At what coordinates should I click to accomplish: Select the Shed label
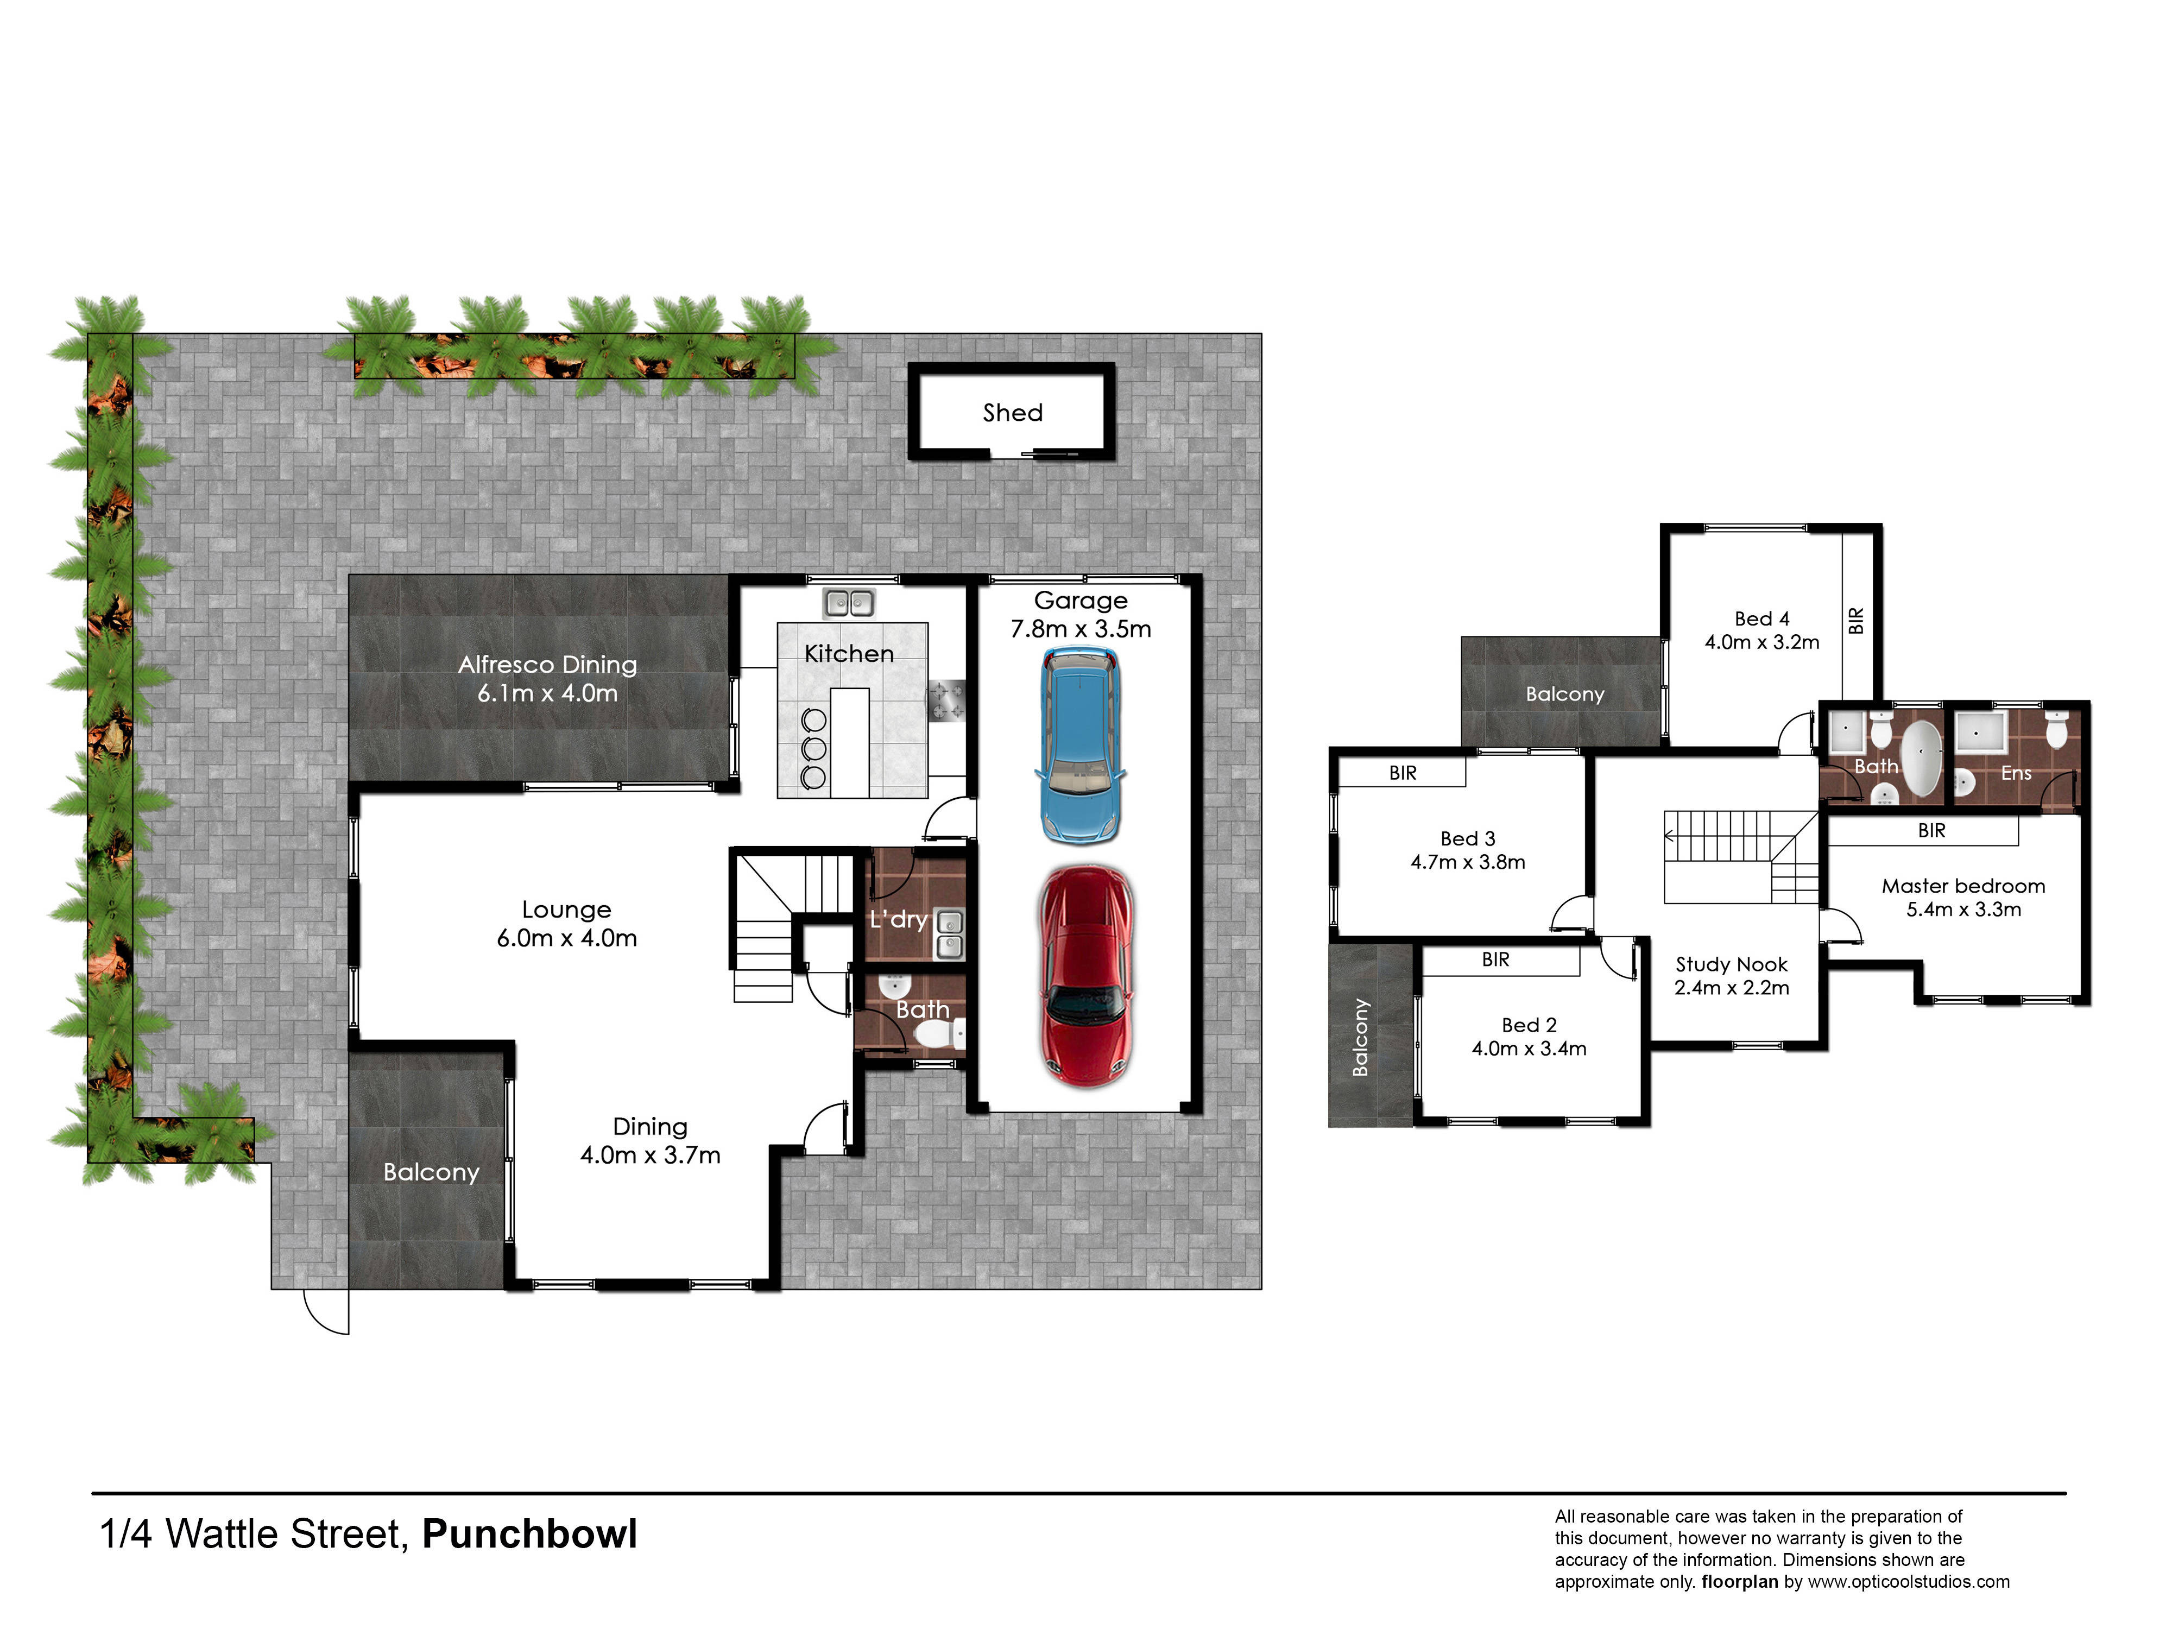pos(1012,412)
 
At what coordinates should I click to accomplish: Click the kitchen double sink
pos(849,602)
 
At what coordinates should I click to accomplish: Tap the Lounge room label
pos(566,910)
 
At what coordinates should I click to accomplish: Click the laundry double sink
pos(950,934)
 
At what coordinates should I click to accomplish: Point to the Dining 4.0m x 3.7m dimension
pos(650,1155)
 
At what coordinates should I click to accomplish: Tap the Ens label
pos(2016,773)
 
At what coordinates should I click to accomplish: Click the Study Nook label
pos(1731,964)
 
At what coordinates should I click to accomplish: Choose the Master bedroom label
pos(1963,886)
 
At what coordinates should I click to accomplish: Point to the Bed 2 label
pos(1529,1025)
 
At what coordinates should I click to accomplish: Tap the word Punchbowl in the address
pos(529,1534)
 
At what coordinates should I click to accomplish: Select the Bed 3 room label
pos(1467,838)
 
